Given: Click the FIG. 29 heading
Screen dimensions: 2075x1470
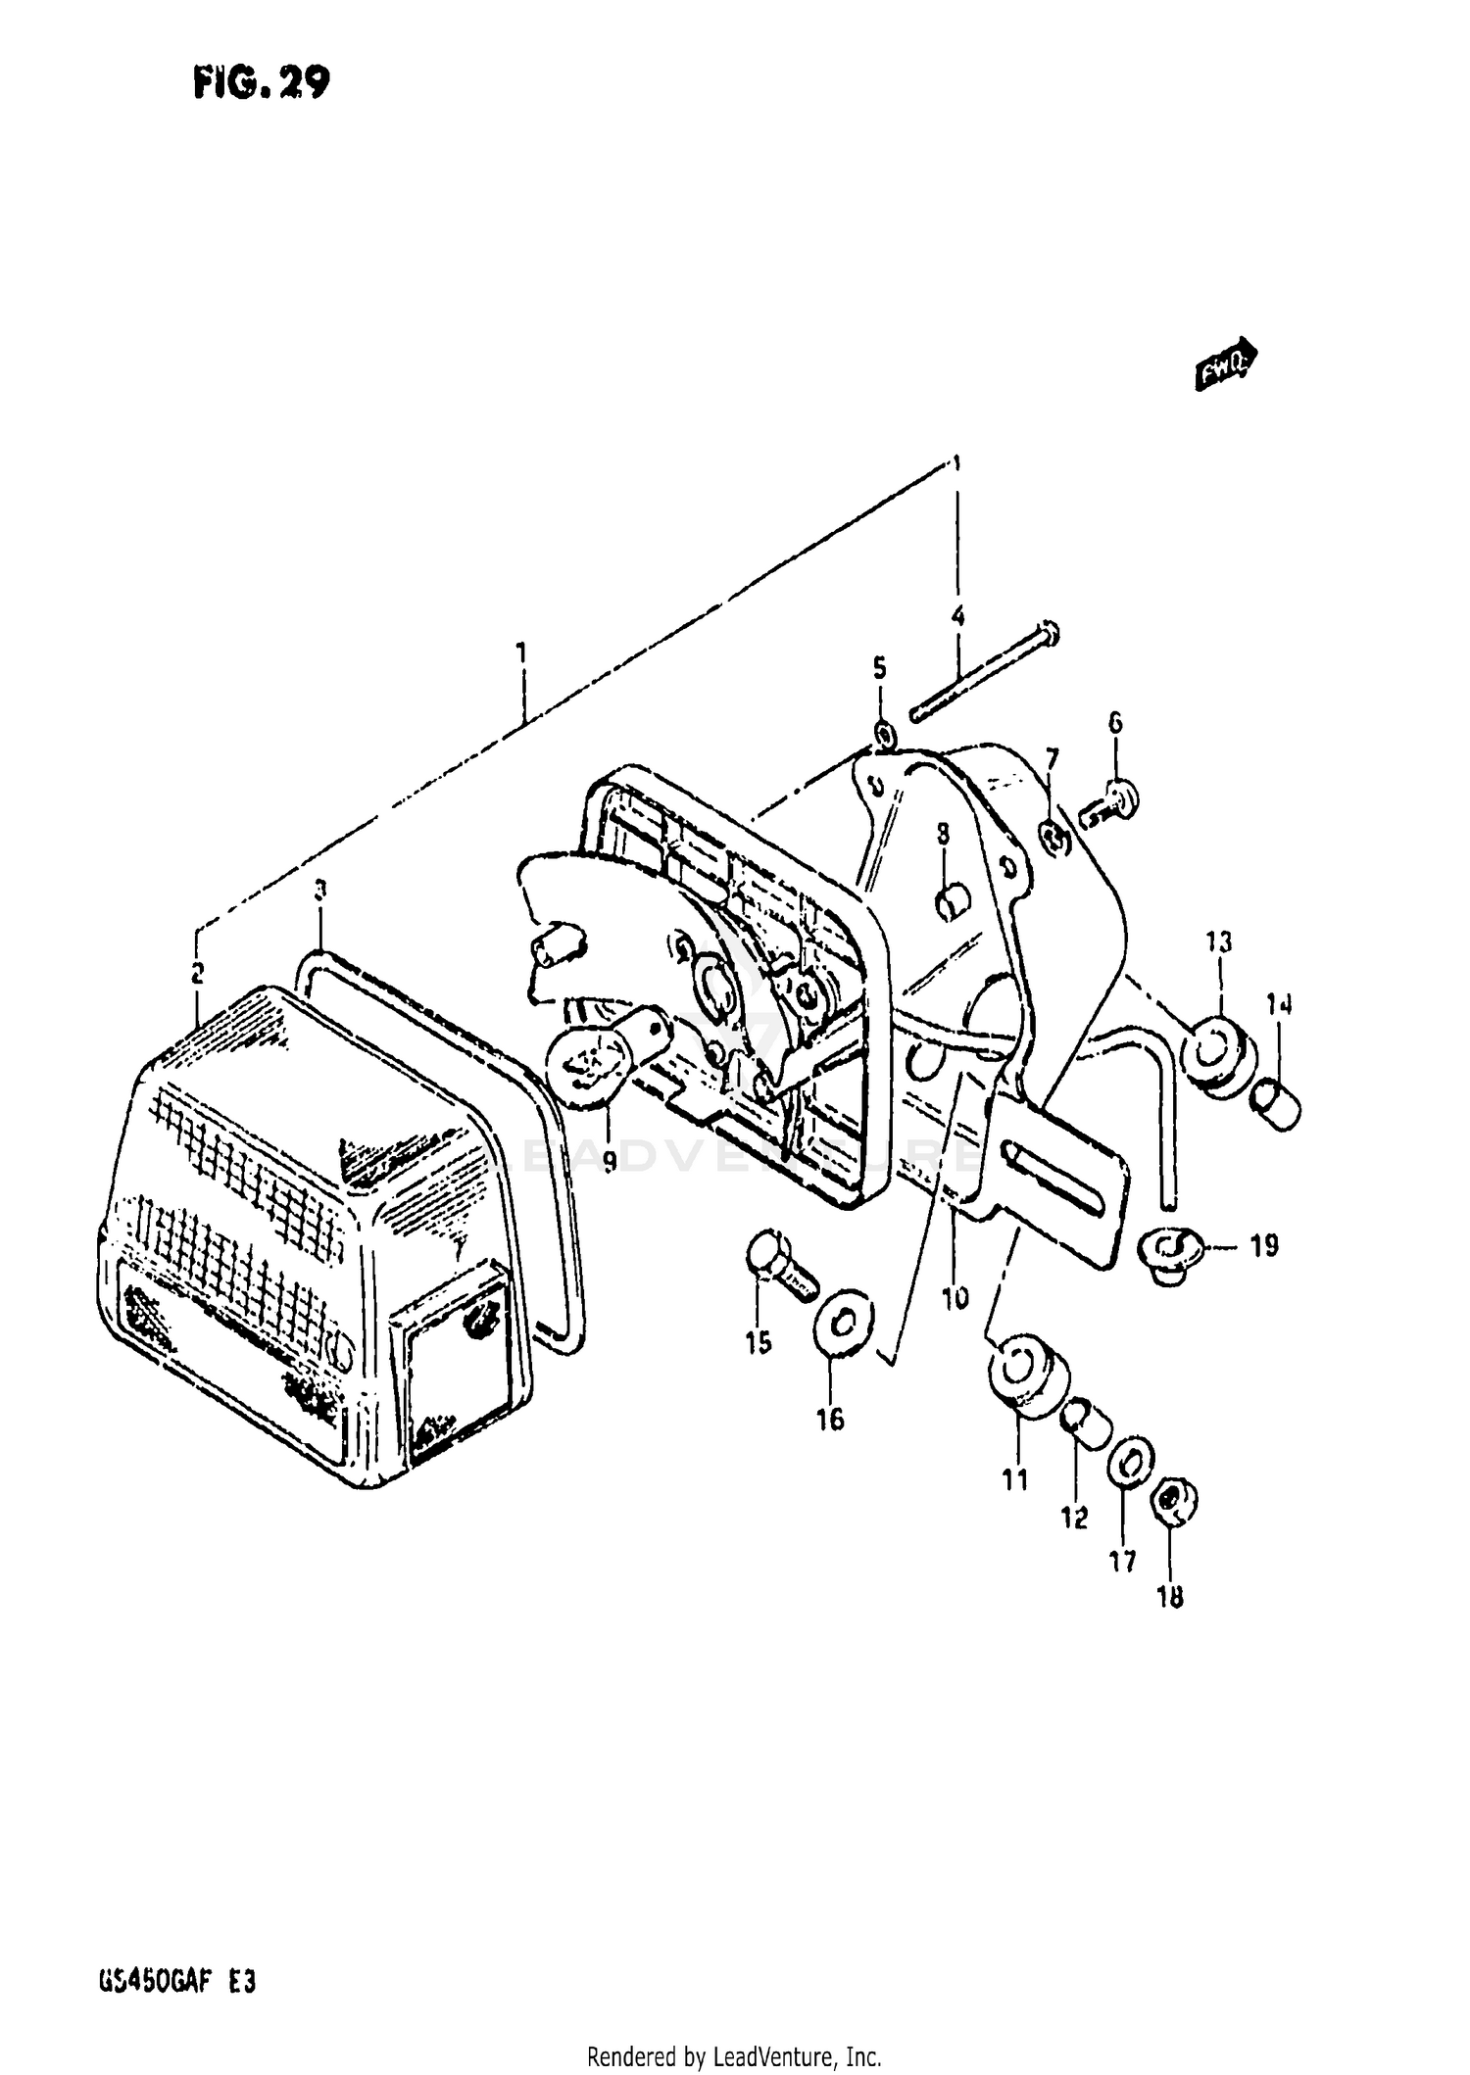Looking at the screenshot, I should (x=261, y=84).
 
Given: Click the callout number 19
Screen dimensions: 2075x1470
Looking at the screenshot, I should (x=1264, y=1246).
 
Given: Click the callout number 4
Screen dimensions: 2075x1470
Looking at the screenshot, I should (x=957, y=616).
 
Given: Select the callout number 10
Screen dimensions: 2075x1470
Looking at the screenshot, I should (x=955, y=1298).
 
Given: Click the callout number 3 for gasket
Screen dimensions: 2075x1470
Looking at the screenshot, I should (x=319, y=891).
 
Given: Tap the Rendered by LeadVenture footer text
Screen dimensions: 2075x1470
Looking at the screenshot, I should (x=734, y=2055).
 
